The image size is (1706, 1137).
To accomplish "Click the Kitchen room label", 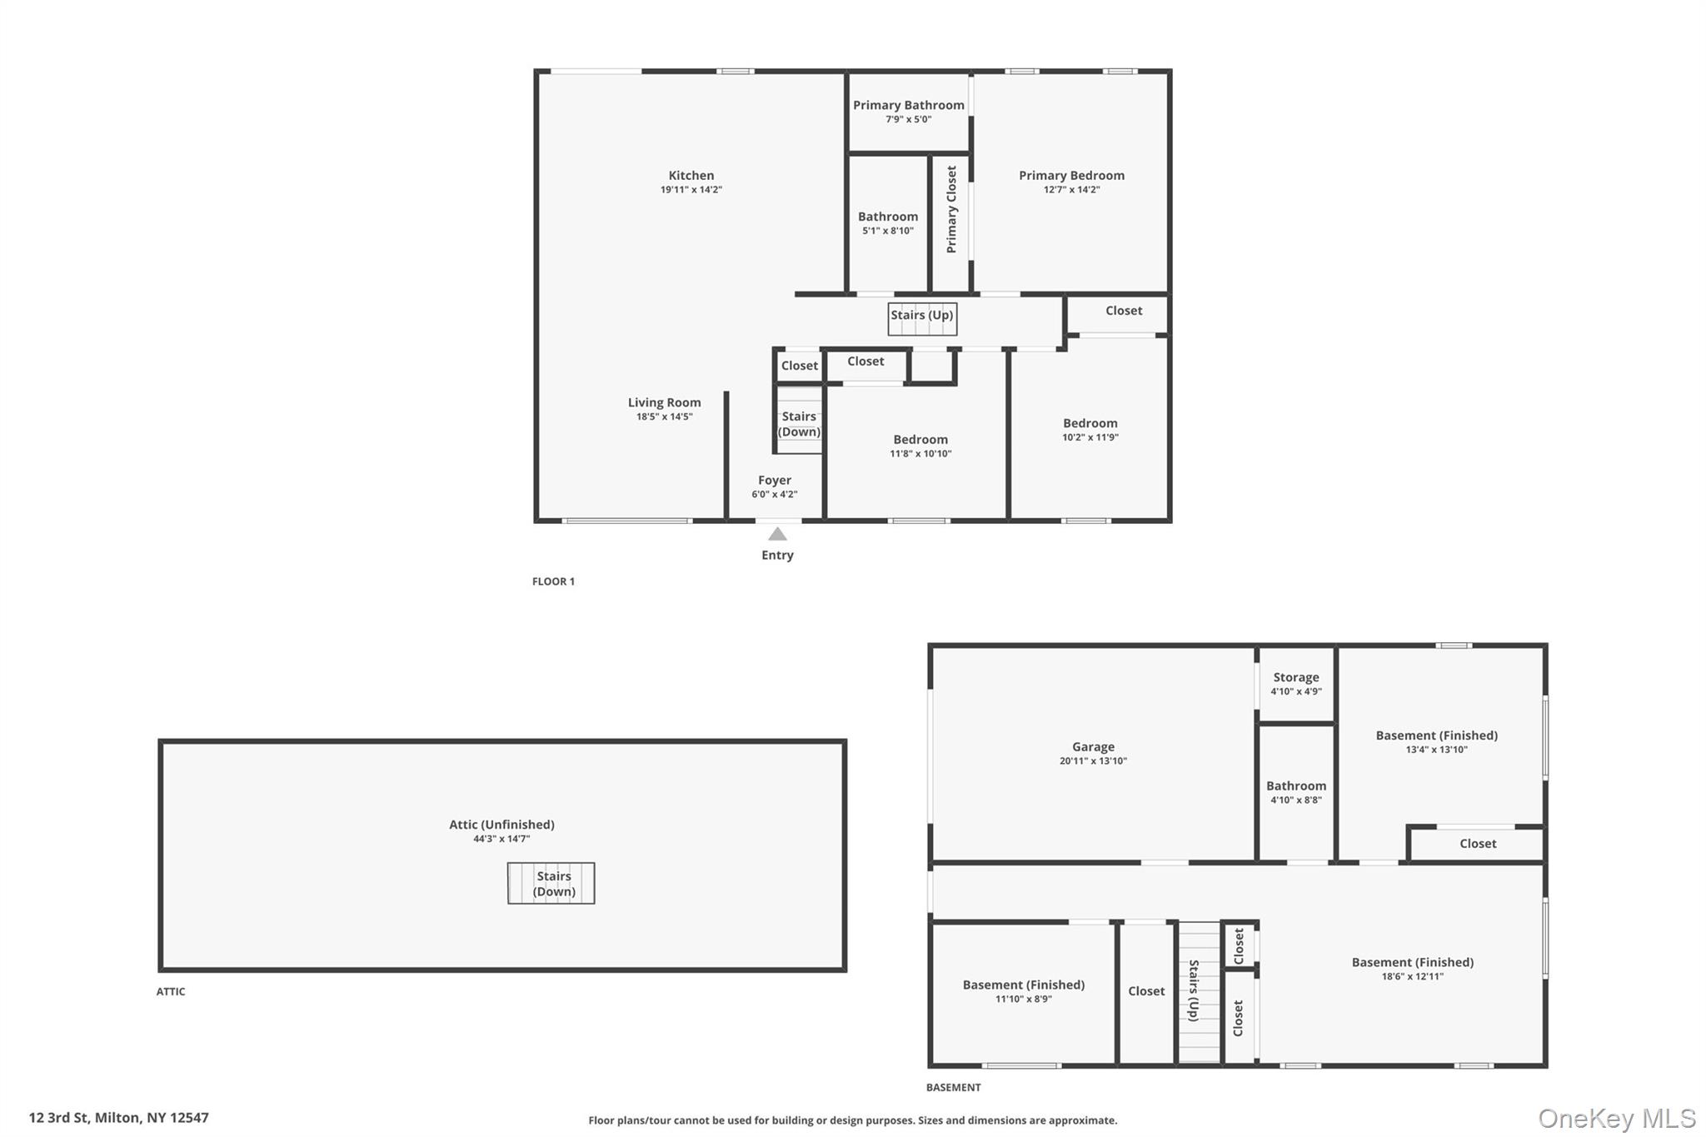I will click(x=691, y=176).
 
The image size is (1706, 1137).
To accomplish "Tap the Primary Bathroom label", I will click(x=908, y=105).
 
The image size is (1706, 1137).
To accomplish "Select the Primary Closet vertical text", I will click(x=951, y=209).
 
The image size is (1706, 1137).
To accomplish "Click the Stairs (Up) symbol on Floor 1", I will click(x=921, y=318).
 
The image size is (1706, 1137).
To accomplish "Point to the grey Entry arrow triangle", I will click(x=777, y=534).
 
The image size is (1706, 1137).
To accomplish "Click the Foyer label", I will click(x=774, y=481).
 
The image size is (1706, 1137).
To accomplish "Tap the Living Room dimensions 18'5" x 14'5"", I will click(x=664, y=416).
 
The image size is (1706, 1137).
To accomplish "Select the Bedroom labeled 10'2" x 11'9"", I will click(x=1090, y=423).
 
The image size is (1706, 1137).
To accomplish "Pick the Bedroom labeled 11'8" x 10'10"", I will click(x=920, y=440).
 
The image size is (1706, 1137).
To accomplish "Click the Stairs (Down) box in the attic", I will click(x=551, y=883).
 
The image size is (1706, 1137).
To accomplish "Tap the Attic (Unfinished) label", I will click(x=501, y=825).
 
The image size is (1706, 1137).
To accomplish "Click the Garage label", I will click(x=1093, y=747).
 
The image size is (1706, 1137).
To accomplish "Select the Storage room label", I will click(x=1295, y=677).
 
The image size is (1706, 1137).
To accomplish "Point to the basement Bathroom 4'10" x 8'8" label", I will click(x=1295, y=786).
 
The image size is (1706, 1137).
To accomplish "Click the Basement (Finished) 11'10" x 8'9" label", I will click(x=1023, y=985).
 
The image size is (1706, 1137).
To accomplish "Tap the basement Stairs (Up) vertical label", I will click(x=1194, y=991).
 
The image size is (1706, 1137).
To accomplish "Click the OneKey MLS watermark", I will click(x=1616, y=1118).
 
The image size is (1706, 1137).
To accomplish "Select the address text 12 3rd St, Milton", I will click(x=119, y=1118).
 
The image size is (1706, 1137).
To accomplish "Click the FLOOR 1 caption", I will click(x=553, y=581).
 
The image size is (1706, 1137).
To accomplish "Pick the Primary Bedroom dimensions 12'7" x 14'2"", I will click(x=1071, y=190).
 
